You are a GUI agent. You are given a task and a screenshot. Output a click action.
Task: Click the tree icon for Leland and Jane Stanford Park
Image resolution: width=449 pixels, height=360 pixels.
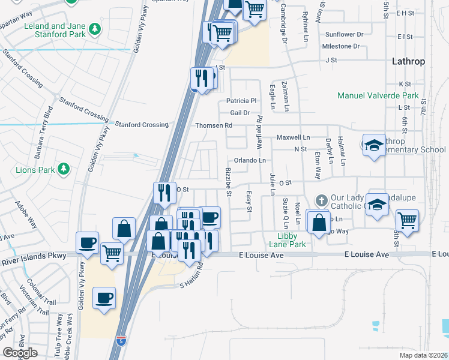94,28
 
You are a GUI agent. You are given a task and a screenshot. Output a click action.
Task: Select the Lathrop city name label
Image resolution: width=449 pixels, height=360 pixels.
408,61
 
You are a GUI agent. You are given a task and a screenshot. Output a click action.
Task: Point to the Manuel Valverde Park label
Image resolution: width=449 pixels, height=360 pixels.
378,95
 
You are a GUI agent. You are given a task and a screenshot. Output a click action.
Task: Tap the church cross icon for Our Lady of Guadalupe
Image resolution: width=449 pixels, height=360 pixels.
321,199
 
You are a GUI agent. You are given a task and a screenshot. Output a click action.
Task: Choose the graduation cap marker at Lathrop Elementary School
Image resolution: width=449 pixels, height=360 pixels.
373,146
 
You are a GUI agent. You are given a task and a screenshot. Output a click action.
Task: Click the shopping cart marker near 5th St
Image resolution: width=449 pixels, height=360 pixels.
407,219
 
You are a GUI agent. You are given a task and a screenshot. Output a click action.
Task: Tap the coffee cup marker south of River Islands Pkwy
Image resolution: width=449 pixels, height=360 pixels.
104,298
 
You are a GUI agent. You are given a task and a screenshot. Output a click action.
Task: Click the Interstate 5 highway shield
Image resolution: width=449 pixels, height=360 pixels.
121,341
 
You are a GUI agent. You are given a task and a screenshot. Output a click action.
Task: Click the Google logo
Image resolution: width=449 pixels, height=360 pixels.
20,353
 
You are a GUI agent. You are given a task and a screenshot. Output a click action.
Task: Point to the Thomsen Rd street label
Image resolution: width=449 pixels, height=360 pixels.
213,125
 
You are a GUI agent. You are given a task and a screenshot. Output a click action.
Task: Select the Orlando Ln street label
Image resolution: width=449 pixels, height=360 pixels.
250,161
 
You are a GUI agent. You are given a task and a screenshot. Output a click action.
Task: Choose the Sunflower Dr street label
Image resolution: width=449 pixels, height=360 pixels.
344,35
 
